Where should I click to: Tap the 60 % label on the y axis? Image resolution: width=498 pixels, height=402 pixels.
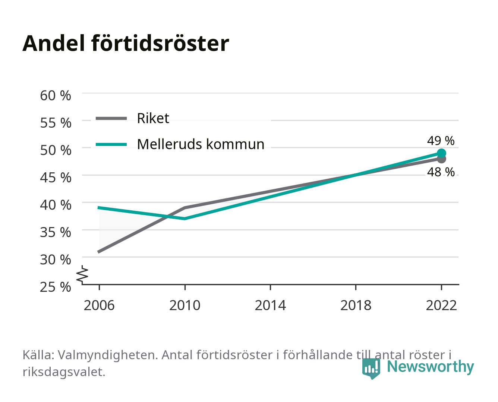(x=56, y=96)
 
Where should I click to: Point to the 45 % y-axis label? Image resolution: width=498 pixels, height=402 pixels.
(x=56, y=178)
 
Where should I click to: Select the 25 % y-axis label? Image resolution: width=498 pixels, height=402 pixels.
(x=56, y=287)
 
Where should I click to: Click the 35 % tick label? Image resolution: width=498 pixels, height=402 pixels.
(x=56, y=232)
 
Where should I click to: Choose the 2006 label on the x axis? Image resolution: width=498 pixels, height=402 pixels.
(x=99, y=305)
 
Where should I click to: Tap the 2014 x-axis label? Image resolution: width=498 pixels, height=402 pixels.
(x=270, y=305)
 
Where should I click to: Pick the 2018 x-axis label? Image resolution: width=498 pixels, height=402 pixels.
(x=356, y=305)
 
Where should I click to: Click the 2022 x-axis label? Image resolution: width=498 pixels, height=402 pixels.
(x=441, y=305)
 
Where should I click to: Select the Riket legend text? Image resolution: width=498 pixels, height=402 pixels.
(x=153, y=118)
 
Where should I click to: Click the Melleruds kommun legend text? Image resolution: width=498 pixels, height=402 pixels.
(x=201, y=144)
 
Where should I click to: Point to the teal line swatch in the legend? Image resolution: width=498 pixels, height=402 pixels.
(x=111, y=144)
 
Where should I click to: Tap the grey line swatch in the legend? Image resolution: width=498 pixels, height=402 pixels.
(x=111, y=119)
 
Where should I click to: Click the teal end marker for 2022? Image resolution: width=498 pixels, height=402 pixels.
(x=441, y=153)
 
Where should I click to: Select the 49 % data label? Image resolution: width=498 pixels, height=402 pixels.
(x=441, y=141)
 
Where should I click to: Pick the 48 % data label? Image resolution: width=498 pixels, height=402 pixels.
(x=441, y=172)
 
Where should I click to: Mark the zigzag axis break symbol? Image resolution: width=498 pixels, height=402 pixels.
(x=82, y=275)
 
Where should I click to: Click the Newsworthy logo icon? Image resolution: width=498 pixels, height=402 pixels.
(x=371, y=368)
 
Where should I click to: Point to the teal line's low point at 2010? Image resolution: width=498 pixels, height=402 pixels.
(x=185, y=218)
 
